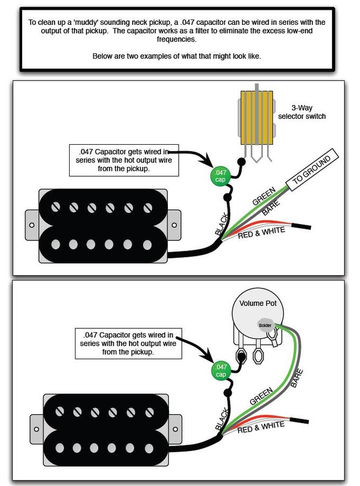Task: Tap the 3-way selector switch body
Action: [x=257, y=118]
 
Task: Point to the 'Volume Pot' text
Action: [x=258, y=303]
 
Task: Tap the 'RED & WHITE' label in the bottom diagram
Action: [x=260, y=428]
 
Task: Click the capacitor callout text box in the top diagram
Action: [x=124, y=159]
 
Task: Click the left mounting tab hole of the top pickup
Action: [x=31, y=224]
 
